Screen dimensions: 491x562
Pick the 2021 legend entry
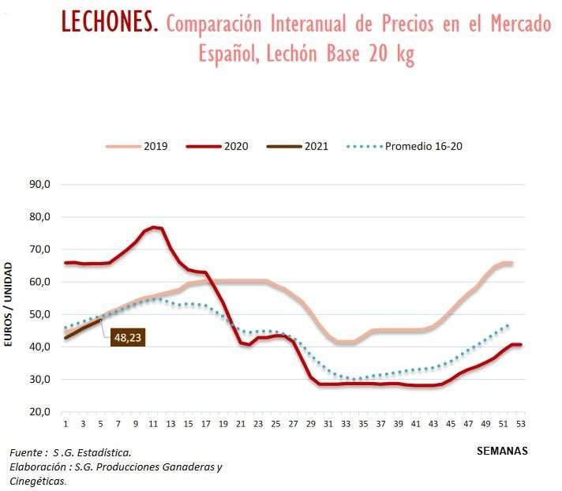(300, 146)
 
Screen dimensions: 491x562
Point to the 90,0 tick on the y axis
(39, 185)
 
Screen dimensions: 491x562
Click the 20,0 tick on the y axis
(39, 412)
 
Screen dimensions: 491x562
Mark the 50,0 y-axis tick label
(39, 315)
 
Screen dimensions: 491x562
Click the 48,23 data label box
(128, 338)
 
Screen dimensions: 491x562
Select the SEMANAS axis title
(501, 451)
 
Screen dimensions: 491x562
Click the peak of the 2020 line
(155, 227)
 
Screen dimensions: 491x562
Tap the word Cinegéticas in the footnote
(37, 480)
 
